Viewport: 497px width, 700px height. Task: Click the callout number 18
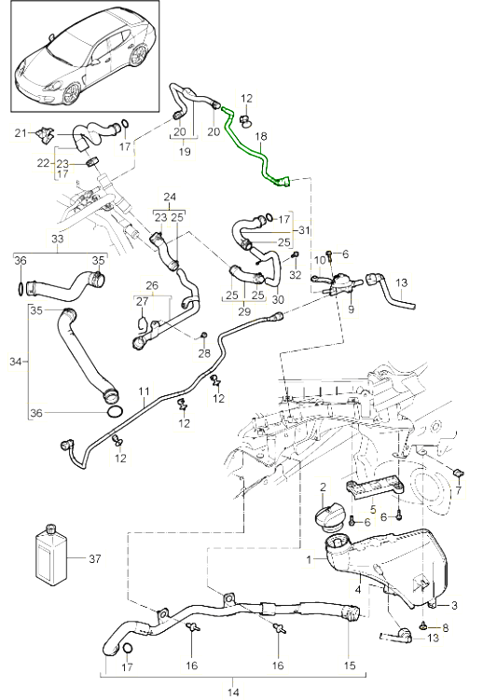click(x=261, y=136)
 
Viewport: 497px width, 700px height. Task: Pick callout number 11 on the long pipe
click(x=145, y=392)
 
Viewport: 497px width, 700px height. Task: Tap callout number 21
click(x=21, y=134)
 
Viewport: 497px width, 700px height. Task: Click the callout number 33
click(x=58, y=240)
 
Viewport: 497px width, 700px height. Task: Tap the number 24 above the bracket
click(x=170, y=197)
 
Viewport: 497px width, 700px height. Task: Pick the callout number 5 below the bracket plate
click(x=372, y=510)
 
